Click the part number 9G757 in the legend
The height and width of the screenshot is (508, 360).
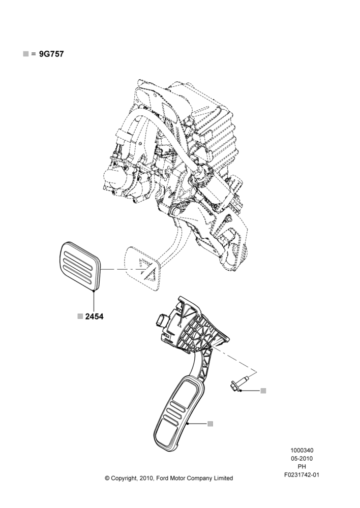[x=51, y=54]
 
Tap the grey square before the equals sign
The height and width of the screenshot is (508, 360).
[x=25, y=54]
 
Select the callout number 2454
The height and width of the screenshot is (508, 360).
[x=95, y=316]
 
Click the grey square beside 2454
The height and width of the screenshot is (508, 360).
[x=80, y=316]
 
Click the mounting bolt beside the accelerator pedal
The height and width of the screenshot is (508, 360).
[x=239, y=383]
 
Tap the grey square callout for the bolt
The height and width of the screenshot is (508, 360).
[x=263, y=391]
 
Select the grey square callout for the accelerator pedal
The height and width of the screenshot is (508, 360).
[x=210, y=424]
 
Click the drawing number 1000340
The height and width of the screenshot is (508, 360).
[x=302, y=450]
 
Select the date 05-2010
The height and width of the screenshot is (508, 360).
[x=302, y=458]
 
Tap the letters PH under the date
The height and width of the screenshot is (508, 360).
[x=302, y=467]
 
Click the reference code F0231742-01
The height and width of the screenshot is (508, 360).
[x=302, y=475]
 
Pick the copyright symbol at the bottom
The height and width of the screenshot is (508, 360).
[x=107, y=478]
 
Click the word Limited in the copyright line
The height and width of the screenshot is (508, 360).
[x=223, y=478]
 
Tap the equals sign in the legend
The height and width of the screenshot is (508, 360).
[x=34, y=54]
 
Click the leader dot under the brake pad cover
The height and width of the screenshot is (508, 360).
[x=94, y=291]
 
